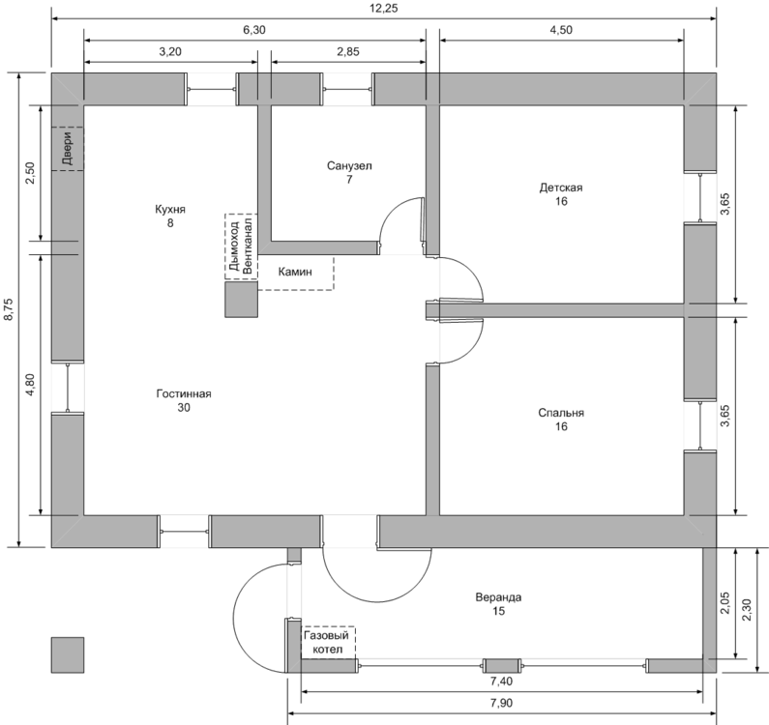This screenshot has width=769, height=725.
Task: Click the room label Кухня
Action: pyautogui.click(x=169, y=209)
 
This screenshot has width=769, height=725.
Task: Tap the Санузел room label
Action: pyautogui.click(x=349, y=166)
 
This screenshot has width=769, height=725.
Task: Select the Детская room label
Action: pyautogui.click(x=560, y=188)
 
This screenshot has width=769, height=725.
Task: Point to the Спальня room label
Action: pyautogui.click(x=561, y=413)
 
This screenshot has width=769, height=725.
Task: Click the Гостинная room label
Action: pyautogui.click(x=184, y=394)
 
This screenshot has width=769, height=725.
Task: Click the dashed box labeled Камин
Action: pyautogui.click(x=296, y=273)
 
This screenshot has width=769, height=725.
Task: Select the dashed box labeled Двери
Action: pyautogui.click(x=68, y=149)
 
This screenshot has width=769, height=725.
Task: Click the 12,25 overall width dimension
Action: pyautogui.click(x=384, y=8)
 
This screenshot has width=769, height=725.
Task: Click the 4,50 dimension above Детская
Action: pyautogui.click(x=561, y=30)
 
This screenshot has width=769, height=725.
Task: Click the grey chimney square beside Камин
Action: pyautogui.click(x=242, y=301)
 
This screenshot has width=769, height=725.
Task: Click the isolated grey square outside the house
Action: pyautogui.click(x=67, y=654)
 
